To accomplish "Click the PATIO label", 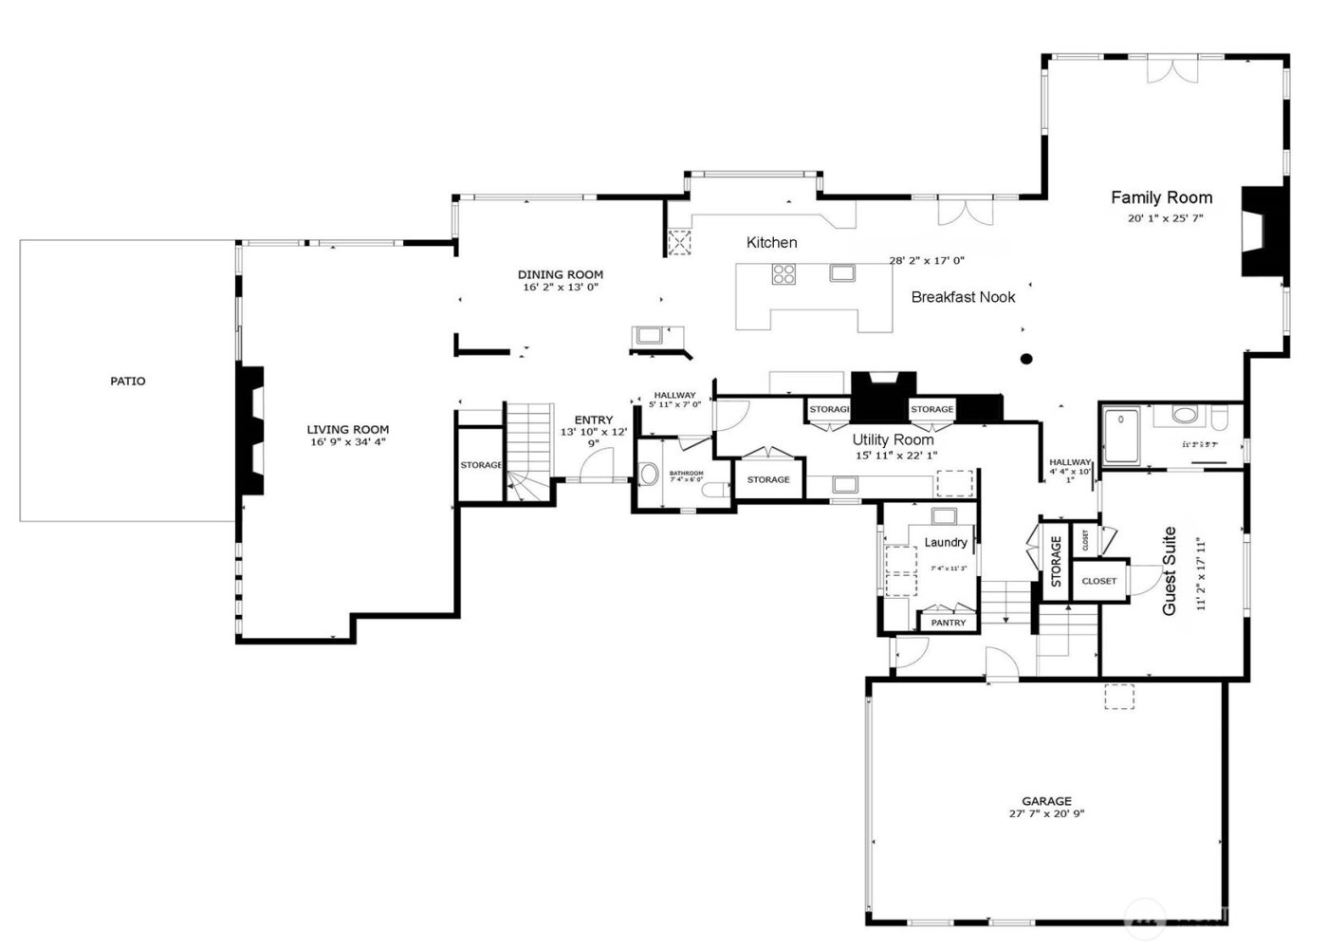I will click(x=128, y=382).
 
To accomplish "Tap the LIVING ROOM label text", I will click(x=347, y=430).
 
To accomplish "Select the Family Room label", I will click(x=1161, y=197).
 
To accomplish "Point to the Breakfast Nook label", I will click(x=963, y=297).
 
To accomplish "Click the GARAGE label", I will click(x=1046, y=801).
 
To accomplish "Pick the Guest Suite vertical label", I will click(x=1170, y=570).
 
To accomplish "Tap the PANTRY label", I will click(x=948, y=623).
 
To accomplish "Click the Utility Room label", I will click(x=893, y=439).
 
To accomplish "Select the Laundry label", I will click(x=945, y=542).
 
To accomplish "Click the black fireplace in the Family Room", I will click(x=1265, y=231).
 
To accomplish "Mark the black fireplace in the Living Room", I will click(x=251, y=429).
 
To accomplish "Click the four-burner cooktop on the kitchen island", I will click(x=784, y=274).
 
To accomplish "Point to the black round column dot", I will click(x=1026, y=359).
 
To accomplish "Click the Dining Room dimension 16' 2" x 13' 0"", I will click(x=560, y=287).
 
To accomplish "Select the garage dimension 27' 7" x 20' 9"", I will click(x=1046, y=813).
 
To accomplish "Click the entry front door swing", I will click(x=599, y=465).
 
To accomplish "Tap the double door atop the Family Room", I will click(x=1167, y=70).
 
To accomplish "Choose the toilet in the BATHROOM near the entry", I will click(x=650, y=472).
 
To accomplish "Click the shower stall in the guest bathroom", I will click(x=1123, y=435).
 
